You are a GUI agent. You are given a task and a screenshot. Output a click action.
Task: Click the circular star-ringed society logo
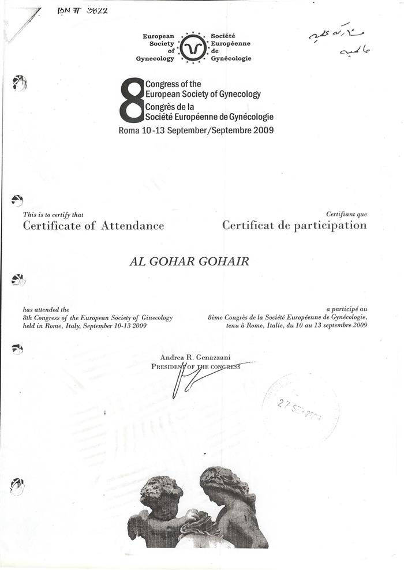click(x=193, y=47)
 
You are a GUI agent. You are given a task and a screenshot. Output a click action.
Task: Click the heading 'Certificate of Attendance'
click(x=93, y=226)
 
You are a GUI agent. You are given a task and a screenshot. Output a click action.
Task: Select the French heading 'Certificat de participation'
click(x=294, y=226)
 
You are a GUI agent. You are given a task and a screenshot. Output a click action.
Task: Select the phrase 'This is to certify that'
click(x=53, y=215)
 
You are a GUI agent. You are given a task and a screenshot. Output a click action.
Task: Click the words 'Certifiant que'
click(x=346, y=215)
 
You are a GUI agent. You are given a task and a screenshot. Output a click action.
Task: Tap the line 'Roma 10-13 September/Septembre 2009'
click(x=196, y=130)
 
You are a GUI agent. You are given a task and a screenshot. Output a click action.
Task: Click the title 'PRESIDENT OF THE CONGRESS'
click(x=196, y=366)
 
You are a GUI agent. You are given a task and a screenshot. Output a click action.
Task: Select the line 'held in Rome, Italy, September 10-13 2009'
click(x=84, y=326)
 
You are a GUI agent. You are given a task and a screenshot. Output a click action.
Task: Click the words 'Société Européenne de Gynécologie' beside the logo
click(x=231, y=47)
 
